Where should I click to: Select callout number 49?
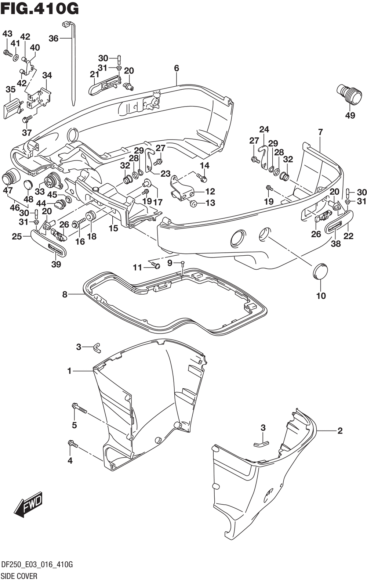(350, 115)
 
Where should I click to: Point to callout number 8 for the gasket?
(65, 294)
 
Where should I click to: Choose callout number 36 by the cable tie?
(54, 38)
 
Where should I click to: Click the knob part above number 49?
(347, 94)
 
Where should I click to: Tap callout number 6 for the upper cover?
(177, 68)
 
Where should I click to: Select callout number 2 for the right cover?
(340, 431)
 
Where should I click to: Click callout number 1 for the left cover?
(69, 371)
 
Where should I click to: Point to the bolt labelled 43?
(7, 53)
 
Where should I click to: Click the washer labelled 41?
(16, 57)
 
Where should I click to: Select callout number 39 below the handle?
(56, 264)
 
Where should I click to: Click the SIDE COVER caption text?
(19, 576)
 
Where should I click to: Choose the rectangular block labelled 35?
(12, 108)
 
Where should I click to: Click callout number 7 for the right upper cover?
(320, 132)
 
